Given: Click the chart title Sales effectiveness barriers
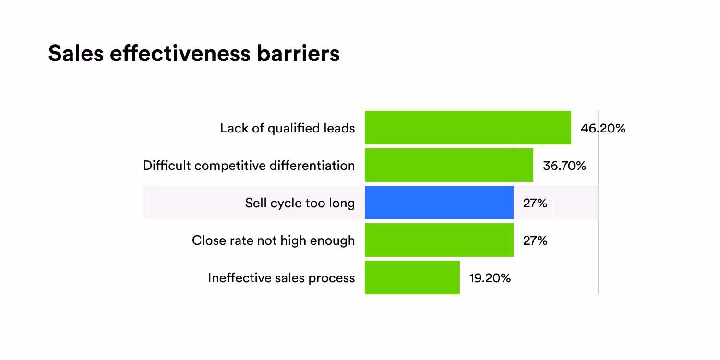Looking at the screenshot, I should (194, 53).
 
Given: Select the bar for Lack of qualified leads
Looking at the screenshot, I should (468, 128).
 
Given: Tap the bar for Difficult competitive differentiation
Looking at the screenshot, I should (449, 165).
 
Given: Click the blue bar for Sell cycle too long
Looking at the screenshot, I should (439, 203).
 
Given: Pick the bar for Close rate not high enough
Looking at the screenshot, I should (439, 240).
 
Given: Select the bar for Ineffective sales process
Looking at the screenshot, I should (412, 277).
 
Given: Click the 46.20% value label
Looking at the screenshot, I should (603, 128).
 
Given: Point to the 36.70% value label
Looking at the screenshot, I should (564, 166).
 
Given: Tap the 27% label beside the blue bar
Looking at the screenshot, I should (535, 203).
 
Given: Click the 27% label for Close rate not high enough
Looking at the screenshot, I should (535, 240).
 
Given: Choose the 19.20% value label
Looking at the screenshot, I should (490, 278).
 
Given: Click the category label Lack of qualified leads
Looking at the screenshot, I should (288, 128).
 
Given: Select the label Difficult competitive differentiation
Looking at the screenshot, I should (249, 166).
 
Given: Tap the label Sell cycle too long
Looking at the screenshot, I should (300, 203).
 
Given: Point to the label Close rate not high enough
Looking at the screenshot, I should (273, 240).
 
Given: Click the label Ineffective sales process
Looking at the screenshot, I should (281, 278).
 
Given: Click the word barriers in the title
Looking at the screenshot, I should (298, 53).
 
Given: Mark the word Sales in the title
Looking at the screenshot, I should (76, 53).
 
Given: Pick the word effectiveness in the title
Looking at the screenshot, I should (180, 53).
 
